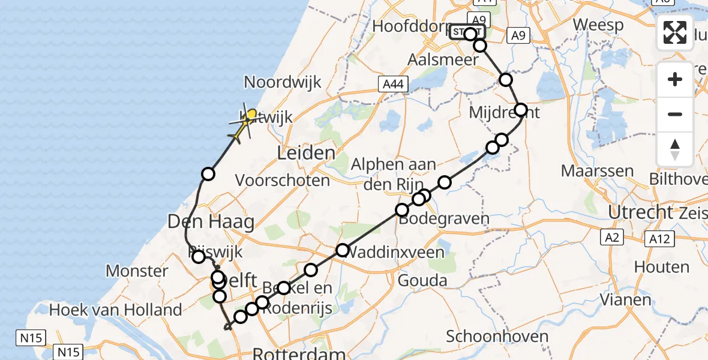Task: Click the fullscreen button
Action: (x=675, y=32)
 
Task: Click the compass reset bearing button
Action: (x=675, y=149)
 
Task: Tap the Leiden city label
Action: (x=306, y=153)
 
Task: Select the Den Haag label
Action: (x=211, y=221)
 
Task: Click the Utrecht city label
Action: (x=640, y=212)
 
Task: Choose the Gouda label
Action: (x=422, y=280)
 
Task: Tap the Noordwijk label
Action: (x=283, y=82)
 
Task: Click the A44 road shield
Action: (x=393, y=85)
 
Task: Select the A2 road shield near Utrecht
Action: (x=611, y=238)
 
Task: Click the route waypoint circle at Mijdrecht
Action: (x=520, y=110)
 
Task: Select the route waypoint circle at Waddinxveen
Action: (x=342, y=250)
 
